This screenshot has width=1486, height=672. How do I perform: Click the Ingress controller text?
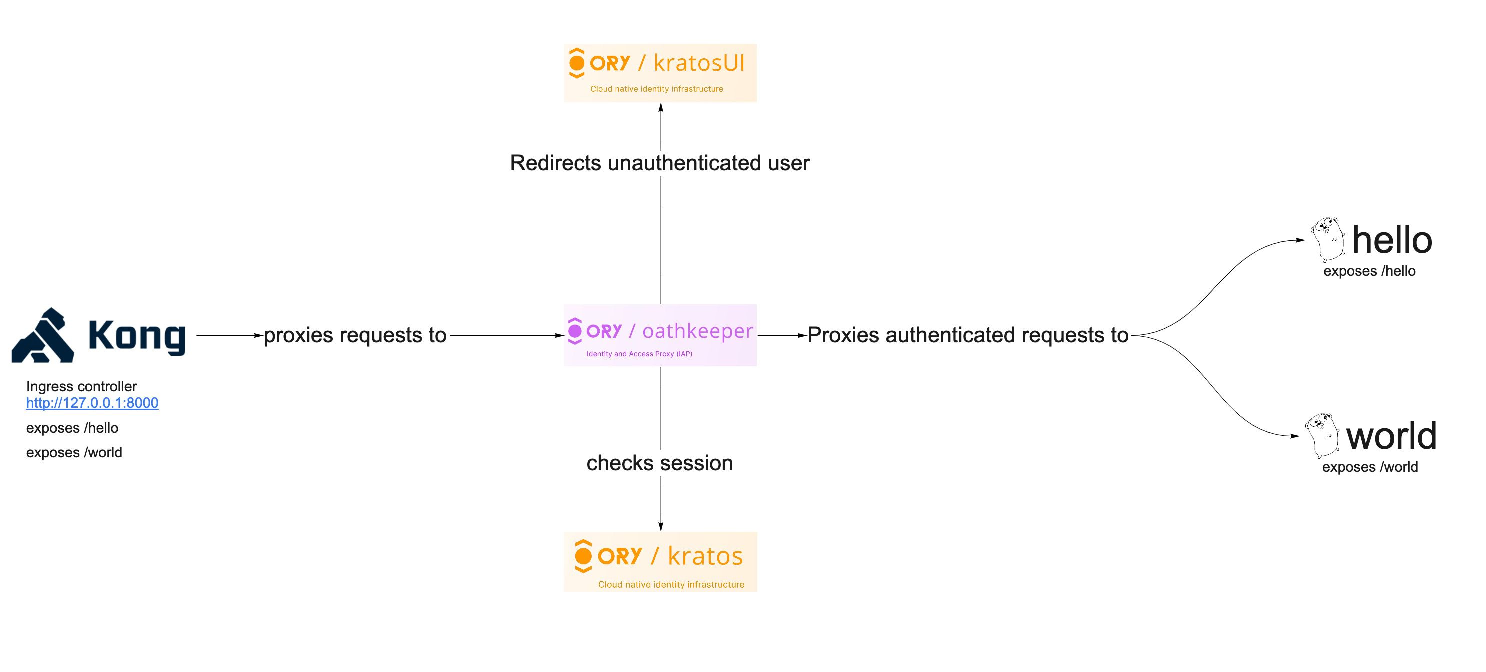click(x=82, y=386)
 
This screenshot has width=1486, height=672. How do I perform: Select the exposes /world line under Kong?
click(x=74, y=453)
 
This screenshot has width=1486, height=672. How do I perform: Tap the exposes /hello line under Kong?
click(x=72, y=428)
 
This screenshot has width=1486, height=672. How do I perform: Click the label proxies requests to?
click(x=355, y=335)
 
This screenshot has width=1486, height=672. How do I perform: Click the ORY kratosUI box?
click(x=660, y=72)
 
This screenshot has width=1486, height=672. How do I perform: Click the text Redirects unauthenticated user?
click(x=659, y=163)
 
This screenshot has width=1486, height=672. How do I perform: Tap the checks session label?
click(x=659, y=463)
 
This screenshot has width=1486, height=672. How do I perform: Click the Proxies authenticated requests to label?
click(x=967, y=335)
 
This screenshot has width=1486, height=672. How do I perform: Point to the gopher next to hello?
click(x=1328, y=239)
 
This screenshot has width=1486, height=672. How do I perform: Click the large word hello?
click(x=1391, y=240)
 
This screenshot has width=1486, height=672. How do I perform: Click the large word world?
click(x=1391, y=436)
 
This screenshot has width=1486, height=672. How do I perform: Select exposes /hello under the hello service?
click(x=1369, y=271)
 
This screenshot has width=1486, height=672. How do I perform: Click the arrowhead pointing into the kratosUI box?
click(x=661, y=108)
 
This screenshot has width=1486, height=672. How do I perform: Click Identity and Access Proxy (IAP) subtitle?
click(x=639, y=354)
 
